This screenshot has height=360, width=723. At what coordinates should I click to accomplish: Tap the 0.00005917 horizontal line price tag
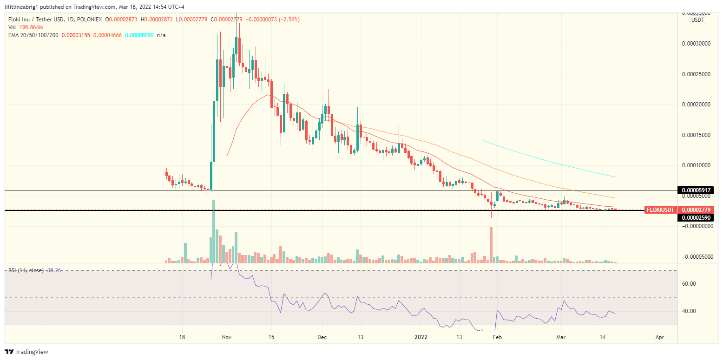tap(697, 190)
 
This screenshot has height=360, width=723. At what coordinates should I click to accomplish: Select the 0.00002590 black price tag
tap(697, 218)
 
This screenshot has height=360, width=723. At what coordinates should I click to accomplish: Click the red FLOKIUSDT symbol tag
tap(660, 210)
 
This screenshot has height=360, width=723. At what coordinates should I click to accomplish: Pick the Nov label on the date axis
tap(226, 337)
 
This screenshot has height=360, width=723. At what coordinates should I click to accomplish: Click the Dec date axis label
tap(322, 337)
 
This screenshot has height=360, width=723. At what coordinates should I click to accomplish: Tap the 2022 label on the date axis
tap(421, 337)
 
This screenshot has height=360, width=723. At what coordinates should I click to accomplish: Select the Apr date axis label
tap(659, 337)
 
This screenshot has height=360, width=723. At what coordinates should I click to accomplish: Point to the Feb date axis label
tap(498, 337)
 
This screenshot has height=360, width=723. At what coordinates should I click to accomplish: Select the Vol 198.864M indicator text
tap(26, 27)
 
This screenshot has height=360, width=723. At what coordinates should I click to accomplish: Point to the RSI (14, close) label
tap(26, 270)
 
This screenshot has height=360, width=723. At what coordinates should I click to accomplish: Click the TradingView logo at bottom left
tap(26, 352)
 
